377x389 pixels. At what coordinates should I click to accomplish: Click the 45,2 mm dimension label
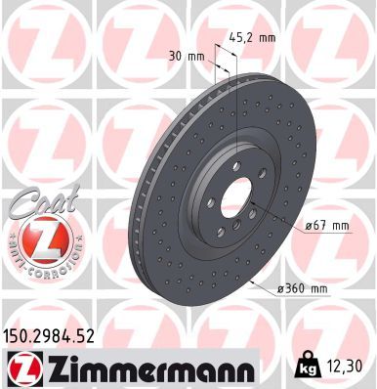pyautogui.click(x=254, y=37)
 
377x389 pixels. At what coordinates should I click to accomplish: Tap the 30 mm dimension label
pyautogui.click(x=187, y=56)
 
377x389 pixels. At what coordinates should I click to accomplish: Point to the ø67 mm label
pyautogui.click(x=303, y=227)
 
